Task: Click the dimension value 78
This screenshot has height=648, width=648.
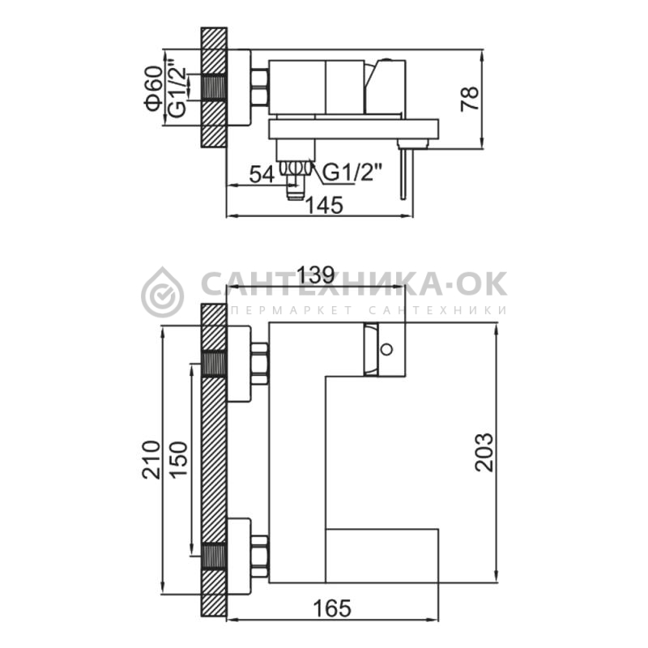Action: pyautogui.click(x=471, y=98)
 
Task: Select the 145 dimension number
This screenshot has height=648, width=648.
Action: pyautogui.click(x=325, y=206)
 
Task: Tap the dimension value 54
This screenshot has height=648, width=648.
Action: pyautogui.click(x=262, y=175)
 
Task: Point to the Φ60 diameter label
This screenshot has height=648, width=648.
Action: pyautogui.click(x=154, y=88)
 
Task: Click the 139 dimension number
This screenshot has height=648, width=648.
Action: pyautogui.click(x=316, y=275)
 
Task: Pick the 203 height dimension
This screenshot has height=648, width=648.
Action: pyautogui.click(x=484, y=452)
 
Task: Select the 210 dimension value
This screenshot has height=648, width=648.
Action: pyautogui.click(x=151, y=460)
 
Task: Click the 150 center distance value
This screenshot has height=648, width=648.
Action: pyautogui.click(x=179, y=460)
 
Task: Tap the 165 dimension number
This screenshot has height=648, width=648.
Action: pyautogui.click(x=332, y=609)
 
